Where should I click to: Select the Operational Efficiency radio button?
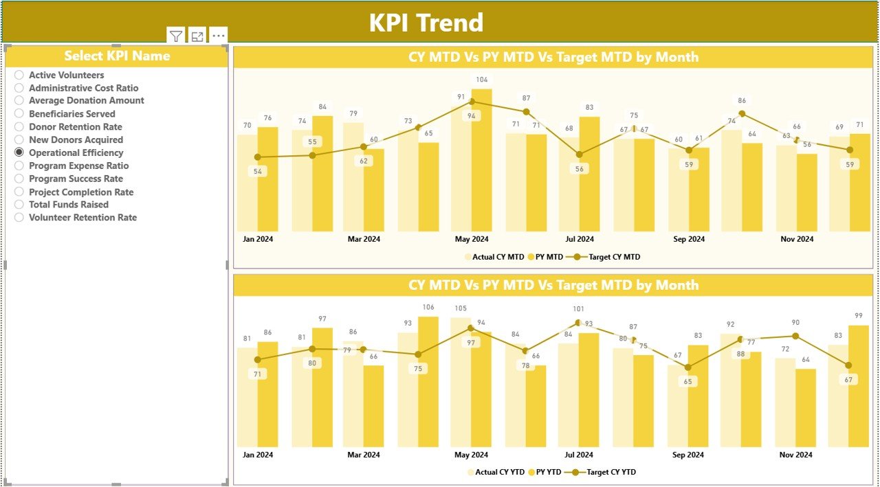[19, 152]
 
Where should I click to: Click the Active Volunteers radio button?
[19, 75]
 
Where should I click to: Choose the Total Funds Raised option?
[19, 205]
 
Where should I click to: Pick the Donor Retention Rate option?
[19, 127]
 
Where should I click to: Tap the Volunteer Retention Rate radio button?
[19, 218]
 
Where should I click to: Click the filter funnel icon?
[176, 36]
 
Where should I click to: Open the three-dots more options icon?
[218, 36]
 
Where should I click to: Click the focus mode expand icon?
[197, 36]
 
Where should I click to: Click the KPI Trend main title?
[426, 23]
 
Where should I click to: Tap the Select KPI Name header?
[117, 56]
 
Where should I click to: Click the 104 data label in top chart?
[482, 80]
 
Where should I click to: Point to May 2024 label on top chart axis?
[471, 239]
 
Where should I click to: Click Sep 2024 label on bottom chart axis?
[688, 455]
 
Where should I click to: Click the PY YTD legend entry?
[544, 472]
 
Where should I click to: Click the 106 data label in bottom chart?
[428, 307]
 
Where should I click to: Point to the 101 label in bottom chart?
[578, 309]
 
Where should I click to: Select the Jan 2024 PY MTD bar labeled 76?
[268, 179]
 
